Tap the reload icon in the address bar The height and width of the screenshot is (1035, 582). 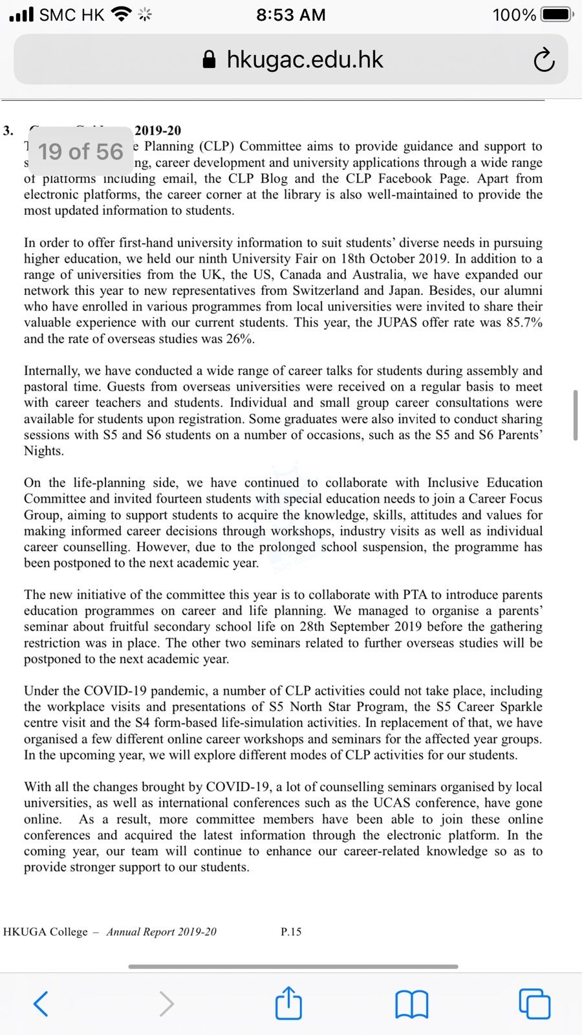point(544,60)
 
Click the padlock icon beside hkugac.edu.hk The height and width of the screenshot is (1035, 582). point(209,60)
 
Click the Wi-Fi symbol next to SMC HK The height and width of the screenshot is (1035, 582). point(120,14)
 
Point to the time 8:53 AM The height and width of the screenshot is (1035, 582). point(290,14)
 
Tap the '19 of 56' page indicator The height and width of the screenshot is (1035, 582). point(80,152)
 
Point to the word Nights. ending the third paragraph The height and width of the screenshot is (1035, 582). point(44,451)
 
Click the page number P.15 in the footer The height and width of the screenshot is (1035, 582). point(291,932)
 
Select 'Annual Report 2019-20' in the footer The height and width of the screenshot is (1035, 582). point(161,932)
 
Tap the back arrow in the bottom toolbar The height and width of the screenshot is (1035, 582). point(40,1003)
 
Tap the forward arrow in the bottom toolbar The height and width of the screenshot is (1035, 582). point(166,1003)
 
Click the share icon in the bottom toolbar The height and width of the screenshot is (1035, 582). point(288,1002)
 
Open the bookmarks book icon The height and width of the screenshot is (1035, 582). point(411,1004)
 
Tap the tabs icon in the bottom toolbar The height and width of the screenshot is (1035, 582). point(534,1003)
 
